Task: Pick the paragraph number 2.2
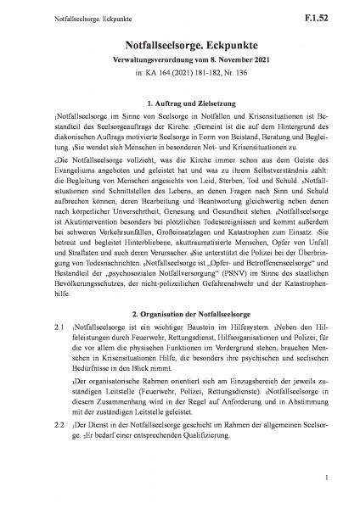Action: [36, 445]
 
